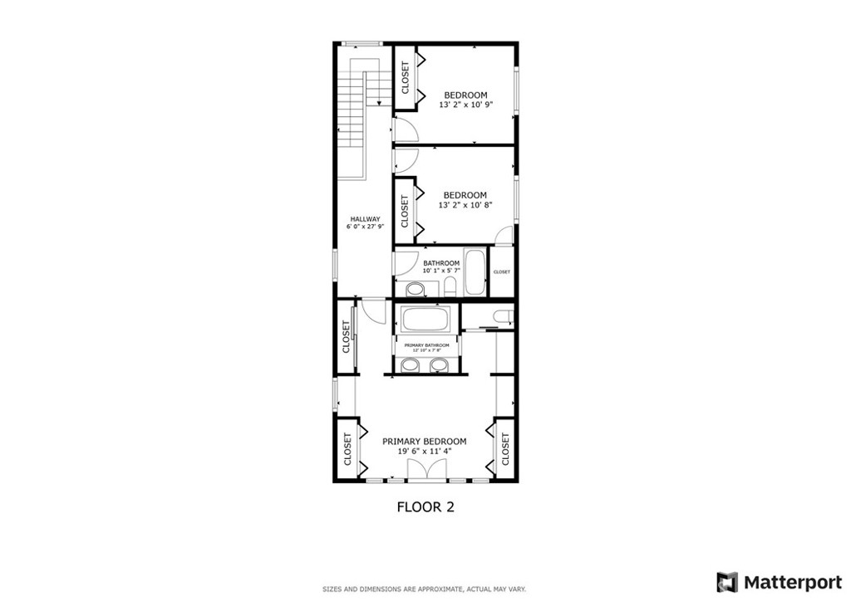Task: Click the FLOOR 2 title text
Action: pyautogui.click(x=425, y=506)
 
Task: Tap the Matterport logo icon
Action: pyautogui.click(x=727, y=582)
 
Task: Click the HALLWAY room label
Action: pyautogui.click(x=365, y=219)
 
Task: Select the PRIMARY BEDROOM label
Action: pyautogui.click(x=424, y=442)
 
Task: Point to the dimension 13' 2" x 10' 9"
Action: pyautogui.click(x=466, y=105)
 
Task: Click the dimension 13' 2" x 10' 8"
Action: pyautogui.click(x=466, y=205)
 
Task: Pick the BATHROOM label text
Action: pyautogui.click(x=440, y=263)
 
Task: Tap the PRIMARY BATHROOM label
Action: pyautogui.click(x=426, y=345)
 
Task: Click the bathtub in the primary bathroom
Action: pyautogui.click(x=425, y=320)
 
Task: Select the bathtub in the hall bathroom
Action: pyautogui.click(x=475, y=271)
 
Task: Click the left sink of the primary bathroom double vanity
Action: pyautogui.click(x=411, y=366)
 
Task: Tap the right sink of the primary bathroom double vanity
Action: pyautogui.click(x=439, y=366)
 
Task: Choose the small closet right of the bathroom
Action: pyautogui.click(x=502, y=272)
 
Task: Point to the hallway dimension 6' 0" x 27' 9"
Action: pyautogui.click(x=365, y=227)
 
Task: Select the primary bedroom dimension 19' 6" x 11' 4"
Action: pyautogui.click(x=424, y=452)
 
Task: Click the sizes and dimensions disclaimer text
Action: pyautogui.click(x=424, y=589)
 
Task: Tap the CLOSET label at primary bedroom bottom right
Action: pyautogui.click(x=504, y=448)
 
